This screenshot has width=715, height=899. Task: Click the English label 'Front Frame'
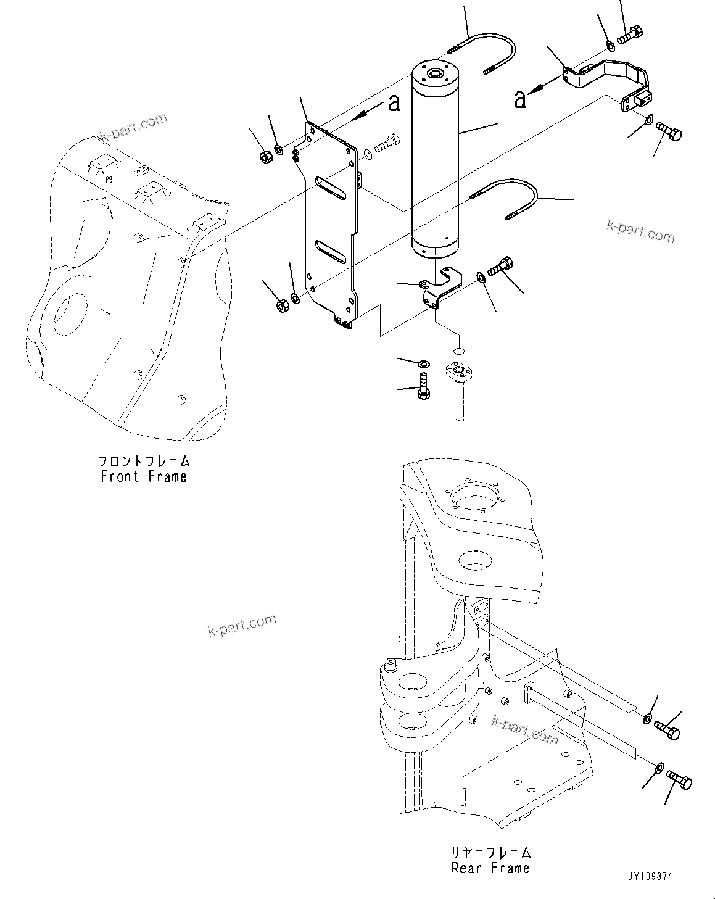point(143,476)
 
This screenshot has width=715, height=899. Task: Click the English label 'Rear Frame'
point(490,868)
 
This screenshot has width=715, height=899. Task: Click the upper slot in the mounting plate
point(331,187)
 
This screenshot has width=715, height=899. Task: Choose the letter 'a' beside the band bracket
point(520,99)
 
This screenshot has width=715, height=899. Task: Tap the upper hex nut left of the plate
point(263,157)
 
